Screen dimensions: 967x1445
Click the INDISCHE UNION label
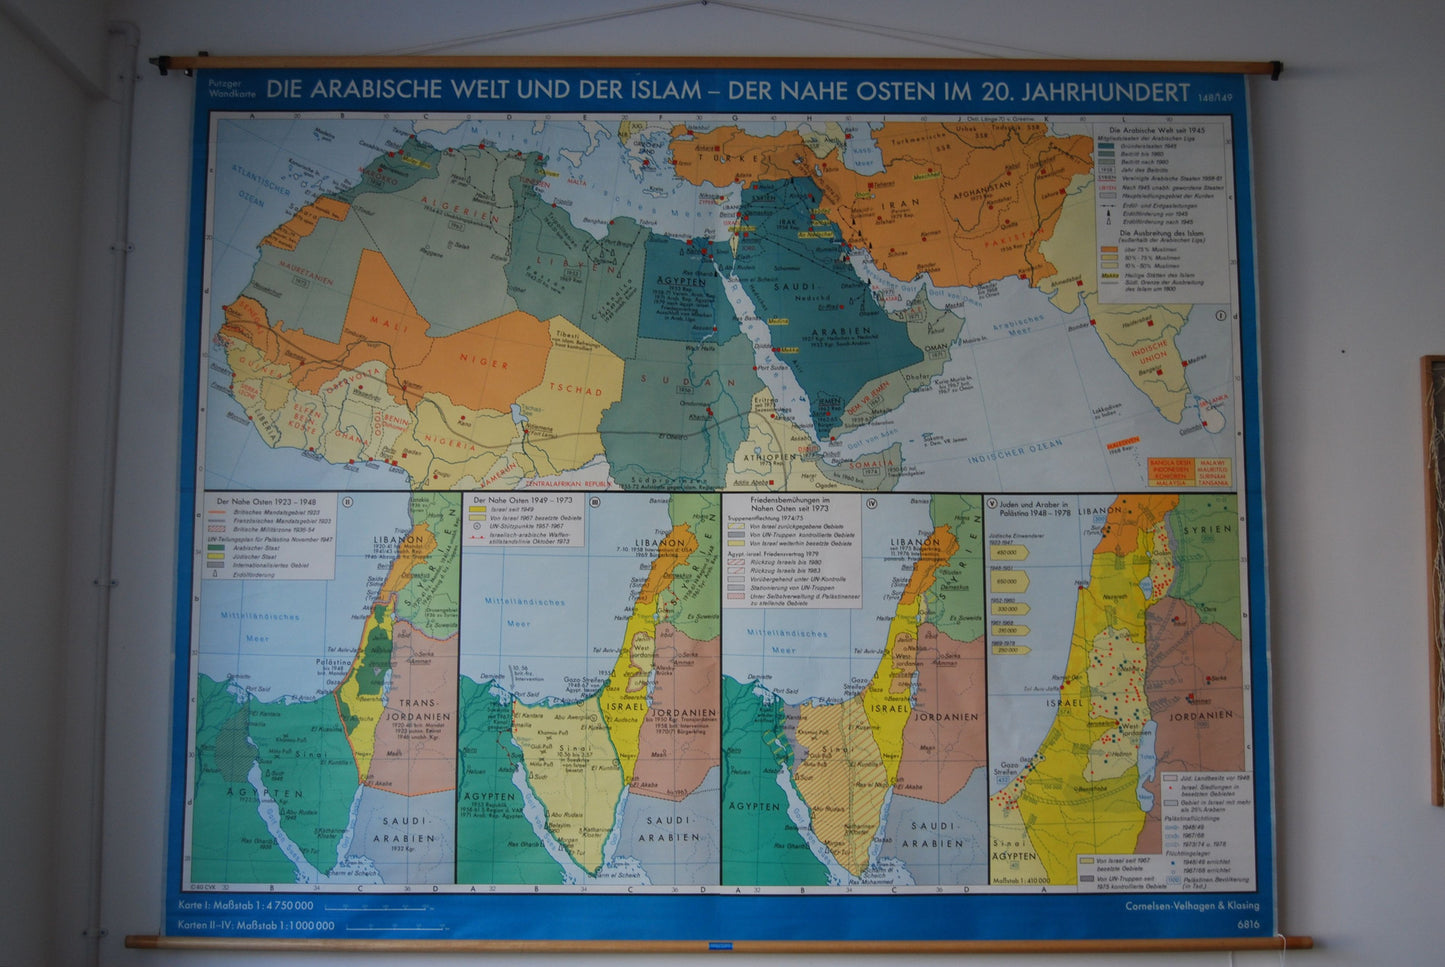tap(1149, 351)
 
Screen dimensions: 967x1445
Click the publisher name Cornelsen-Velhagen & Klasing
tap(1191, 906)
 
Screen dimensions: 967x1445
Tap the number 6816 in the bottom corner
tap(1247, 925)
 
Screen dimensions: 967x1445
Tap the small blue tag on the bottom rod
tap(720, 945)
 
